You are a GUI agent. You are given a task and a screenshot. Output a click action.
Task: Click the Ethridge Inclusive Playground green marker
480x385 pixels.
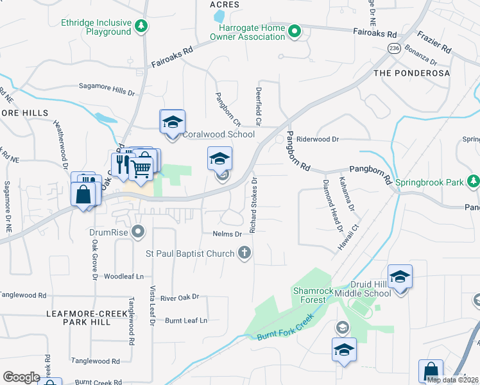coord(141,26)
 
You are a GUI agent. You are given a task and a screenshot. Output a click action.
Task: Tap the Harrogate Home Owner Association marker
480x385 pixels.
coord(295,31)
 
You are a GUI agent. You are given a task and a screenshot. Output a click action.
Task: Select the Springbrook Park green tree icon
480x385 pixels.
coord(473,182)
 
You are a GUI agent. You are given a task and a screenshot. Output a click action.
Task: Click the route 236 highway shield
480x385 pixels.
coord(394,49)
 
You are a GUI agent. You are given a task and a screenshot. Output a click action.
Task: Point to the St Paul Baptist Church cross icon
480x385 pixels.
coord(244,253)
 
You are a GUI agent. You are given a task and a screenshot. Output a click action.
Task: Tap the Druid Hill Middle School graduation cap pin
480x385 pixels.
coord(400,277)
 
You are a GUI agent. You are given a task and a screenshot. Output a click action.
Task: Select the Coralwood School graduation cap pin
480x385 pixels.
coord(171,122)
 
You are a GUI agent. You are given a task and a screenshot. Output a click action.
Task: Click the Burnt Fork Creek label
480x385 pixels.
coord(285,327)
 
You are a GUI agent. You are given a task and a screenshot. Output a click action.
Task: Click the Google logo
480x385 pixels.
coord(22,377)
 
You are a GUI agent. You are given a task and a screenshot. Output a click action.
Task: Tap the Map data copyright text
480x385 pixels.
coord(452,380)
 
